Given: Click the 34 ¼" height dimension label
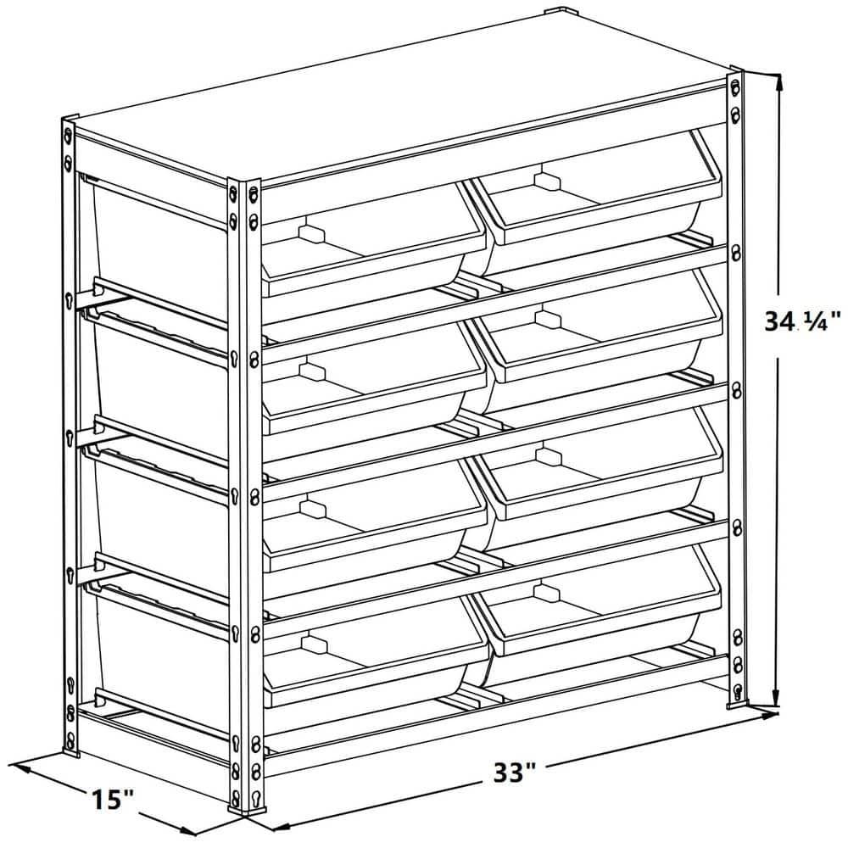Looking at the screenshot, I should click(x=801, y=321).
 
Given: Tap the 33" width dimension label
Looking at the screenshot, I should click(x=516, y=773).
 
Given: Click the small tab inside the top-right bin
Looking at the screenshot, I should click(x=547, y=181).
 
